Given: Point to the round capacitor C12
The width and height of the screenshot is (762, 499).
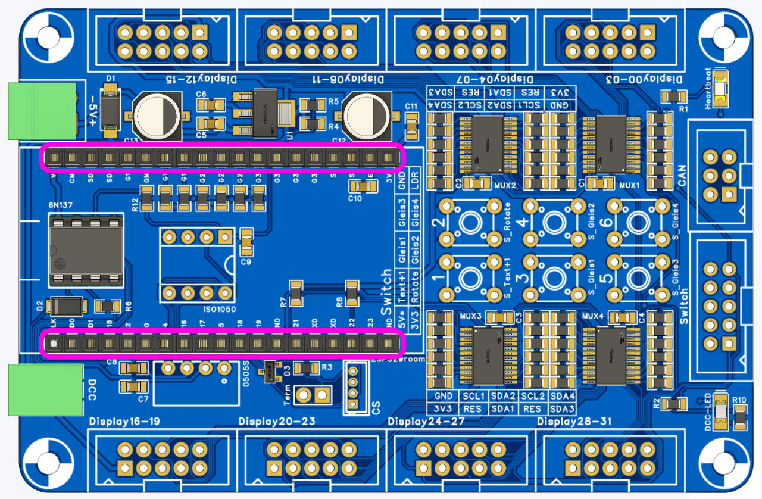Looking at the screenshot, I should point(367,116).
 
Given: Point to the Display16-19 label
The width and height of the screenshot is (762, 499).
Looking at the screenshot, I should point(124,422).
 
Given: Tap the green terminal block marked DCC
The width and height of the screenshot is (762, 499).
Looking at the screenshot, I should point(45,389).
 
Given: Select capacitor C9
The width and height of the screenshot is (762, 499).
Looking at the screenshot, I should point(246,241).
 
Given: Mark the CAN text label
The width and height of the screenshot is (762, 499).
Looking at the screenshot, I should point(682,176).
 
